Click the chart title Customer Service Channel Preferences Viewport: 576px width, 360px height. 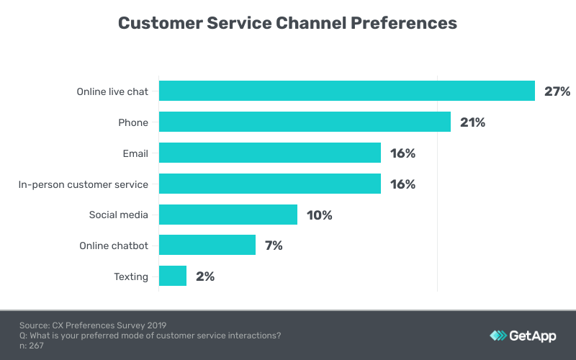click(287, 23)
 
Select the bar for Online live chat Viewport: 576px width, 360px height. click(346, 91)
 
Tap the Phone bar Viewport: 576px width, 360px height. click(305, 122)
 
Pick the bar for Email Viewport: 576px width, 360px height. click(269, 153)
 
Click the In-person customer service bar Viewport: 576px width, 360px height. click(269, 184)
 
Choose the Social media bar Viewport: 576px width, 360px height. click(228, 215)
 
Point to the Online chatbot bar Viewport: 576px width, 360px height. click(207, 246)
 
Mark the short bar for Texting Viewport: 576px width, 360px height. click(172, 276)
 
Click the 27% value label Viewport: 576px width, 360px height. click(557, 91)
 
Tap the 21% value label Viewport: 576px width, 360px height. click(472, 122)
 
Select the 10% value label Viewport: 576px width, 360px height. click(319, 215)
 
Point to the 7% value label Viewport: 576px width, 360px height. click(274, 246)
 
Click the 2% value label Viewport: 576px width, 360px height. click(204, 276)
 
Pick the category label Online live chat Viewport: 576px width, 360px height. click(112, 91)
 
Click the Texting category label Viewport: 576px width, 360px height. click(131, 276)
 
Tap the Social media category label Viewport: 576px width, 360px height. click(119, 215)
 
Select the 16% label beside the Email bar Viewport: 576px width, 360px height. click(402, 153)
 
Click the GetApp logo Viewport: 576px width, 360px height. click(523, 336)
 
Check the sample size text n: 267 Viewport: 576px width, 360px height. click(33, 346)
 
